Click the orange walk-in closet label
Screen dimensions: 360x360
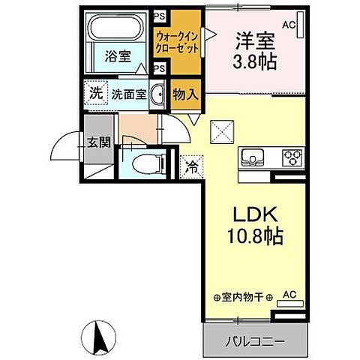tap(178, 41)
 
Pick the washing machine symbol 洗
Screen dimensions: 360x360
tap(94, 94)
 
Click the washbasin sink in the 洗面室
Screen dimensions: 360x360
tap(157, 94)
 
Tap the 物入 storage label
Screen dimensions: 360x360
tap(184, 94)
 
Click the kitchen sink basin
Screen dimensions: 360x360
tap(251, 157)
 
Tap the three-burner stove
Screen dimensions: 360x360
tap(291, 157)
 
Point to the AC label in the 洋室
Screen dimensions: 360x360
tap(289, 25)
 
